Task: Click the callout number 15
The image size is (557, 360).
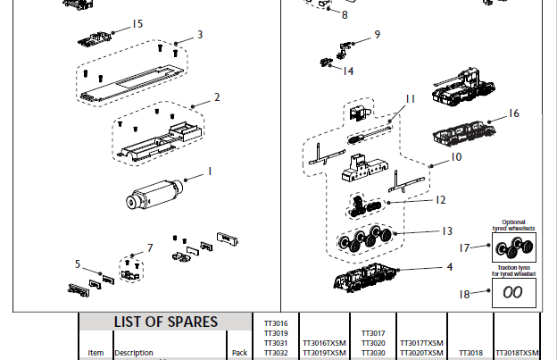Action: pos(137,24)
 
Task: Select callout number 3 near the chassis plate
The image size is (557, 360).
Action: pos(200,35)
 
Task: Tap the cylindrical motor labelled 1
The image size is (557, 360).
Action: pos(155,194)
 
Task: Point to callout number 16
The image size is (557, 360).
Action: pos(513,113)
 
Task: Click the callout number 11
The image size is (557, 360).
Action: pos(410,99)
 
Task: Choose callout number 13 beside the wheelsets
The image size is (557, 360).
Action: pos(447,231)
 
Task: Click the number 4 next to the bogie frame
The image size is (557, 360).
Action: pos(450,266)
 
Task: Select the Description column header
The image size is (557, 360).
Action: pos(133,353)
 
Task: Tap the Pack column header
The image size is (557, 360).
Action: pos(238,353)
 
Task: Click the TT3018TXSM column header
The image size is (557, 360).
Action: pos(517,353)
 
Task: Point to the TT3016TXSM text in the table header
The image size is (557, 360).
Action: pos(323,343)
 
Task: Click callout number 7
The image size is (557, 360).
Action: pos(150,247)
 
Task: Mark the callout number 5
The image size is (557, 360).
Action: pos(79,264)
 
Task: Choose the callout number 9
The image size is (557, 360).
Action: pos(377,35)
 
